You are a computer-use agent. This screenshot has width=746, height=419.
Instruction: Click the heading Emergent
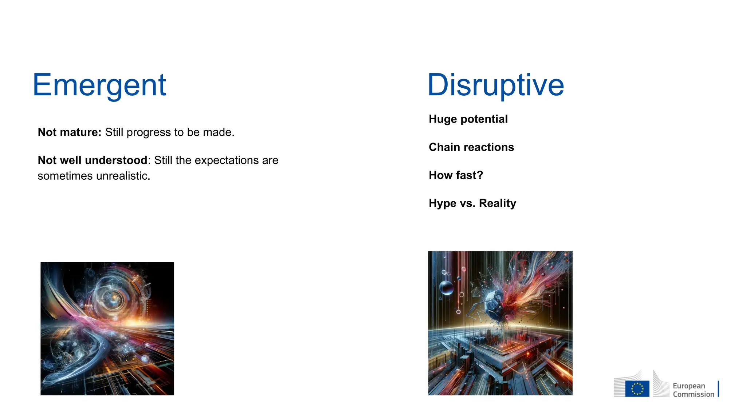(99, 85)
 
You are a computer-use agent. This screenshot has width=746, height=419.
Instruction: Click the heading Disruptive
(496, 85)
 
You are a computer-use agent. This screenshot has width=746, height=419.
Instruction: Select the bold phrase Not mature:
(70, 132)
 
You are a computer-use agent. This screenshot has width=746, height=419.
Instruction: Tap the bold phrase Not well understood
(93, 160)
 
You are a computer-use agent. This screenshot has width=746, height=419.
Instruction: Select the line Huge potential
(468, 119)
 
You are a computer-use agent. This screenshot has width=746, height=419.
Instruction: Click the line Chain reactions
(471, 147)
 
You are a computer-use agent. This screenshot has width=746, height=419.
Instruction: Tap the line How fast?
(456, 175)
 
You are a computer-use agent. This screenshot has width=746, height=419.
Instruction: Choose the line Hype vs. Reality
(472, 203)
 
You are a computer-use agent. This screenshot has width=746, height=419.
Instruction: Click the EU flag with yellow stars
(637, 388)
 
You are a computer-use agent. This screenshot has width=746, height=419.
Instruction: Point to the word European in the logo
(689, 386)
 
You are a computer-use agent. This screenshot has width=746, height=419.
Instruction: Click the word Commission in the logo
(694, 394)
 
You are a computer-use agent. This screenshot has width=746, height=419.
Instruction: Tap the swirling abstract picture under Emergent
(107, 328)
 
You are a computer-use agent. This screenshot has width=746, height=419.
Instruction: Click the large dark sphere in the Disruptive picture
(446, 288)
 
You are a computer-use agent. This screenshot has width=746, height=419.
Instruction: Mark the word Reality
(498, 203)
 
